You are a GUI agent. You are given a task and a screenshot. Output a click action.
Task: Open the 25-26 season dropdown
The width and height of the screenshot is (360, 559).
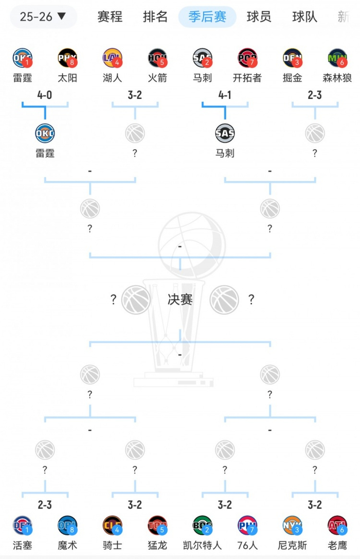pos(43,16)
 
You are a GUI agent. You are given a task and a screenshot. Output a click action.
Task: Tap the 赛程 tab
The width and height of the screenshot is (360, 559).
pos(110,16)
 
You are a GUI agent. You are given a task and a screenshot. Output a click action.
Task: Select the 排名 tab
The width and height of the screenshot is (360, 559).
pos(155,16)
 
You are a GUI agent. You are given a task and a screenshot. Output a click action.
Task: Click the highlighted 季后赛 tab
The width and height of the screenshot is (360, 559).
pos(207,16)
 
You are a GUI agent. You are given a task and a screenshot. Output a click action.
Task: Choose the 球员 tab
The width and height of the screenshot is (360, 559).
pos(259,16)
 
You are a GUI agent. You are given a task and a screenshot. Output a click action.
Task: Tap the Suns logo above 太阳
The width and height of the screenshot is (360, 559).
pos(67,58)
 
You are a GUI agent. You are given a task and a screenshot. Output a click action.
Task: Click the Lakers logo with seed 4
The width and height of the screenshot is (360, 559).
pos(112,58)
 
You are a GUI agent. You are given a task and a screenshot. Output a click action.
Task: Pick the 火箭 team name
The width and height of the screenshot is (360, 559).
pos(157,78)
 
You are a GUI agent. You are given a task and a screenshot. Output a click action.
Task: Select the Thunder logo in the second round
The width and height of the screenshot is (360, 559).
pos(45,133)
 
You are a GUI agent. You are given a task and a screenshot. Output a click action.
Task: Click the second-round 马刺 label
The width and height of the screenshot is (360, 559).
pos(225,153)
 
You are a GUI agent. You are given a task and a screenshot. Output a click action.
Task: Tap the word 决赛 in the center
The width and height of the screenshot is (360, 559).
pos(180,299)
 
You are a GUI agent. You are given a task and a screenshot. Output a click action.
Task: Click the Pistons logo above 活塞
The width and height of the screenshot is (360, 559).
pos(22,525)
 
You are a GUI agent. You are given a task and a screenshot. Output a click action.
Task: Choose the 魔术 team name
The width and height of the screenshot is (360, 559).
pos(67,545)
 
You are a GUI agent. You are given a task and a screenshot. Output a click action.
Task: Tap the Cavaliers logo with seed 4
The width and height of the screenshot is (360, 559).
pos(112,525)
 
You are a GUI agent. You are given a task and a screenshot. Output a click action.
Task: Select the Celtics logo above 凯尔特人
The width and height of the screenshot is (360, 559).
pos(202,525)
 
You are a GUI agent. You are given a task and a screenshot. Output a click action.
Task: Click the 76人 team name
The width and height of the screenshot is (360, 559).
pos(247,545)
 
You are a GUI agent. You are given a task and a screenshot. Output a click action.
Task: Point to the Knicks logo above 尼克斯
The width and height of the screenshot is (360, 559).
pos(292,525)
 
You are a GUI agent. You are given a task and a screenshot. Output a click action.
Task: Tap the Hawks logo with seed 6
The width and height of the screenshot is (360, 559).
pos(337,525)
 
